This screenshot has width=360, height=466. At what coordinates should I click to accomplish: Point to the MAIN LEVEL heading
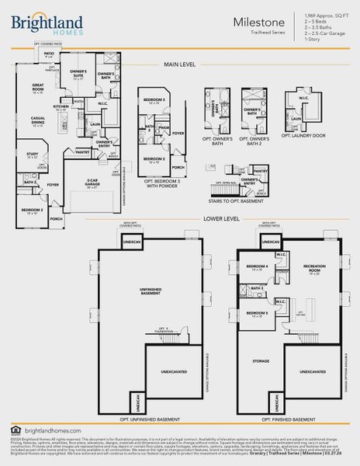click(x=179, y=64)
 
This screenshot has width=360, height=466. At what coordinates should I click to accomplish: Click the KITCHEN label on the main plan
click(x=61, y=107)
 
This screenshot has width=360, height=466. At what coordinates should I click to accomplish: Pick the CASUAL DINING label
click(x=37, y=123)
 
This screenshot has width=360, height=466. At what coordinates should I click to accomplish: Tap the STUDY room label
click(x=32, y=155)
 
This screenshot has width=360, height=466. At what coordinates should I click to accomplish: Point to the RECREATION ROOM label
click(x=313, y=268)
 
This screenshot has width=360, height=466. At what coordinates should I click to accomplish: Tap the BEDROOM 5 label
click(x=258, y=313)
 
